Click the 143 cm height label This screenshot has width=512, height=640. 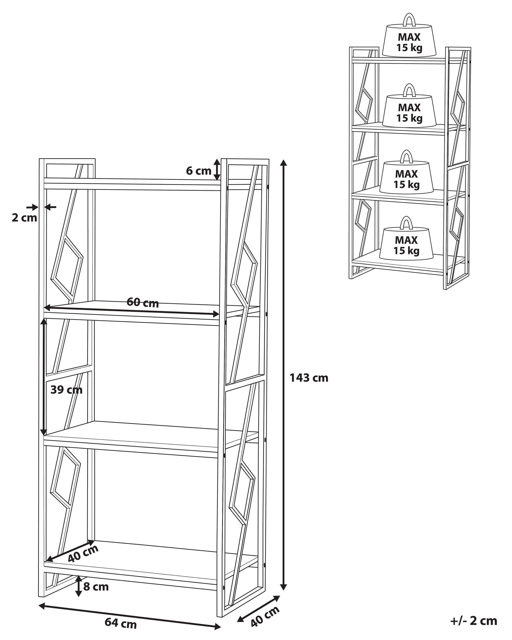coord(309,378)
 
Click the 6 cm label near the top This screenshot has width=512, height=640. coord(199,171)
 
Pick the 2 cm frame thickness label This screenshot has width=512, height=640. coord(24,218)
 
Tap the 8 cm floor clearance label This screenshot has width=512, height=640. coord(96,587)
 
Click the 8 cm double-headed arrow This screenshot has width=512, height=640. coord(78,586)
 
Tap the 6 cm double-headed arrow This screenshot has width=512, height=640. coord(218,169)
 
